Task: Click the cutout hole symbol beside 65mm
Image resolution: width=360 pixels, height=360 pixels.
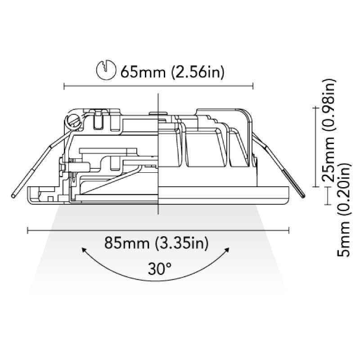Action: click(106, 70)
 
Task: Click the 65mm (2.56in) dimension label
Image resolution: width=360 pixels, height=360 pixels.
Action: click(172, 72)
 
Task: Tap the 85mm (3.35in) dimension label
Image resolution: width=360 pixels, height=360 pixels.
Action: click(156, 243)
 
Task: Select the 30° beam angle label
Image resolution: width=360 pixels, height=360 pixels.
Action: click(160, 269)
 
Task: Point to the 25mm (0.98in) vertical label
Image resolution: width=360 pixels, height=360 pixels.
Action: click(329, 130)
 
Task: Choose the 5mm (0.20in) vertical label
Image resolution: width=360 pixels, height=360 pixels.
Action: click(344, 210)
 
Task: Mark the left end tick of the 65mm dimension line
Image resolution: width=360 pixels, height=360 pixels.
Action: click(64, 86)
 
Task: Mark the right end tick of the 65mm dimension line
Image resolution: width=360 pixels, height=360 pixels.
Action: click(253, 86)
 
